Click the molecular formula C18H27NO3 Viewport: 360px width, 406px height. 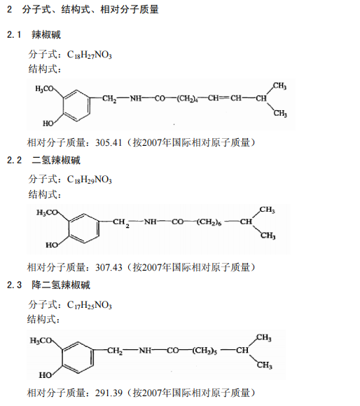coord(89,55)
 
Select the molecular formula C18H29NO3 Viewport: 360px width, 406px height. coord(89,180)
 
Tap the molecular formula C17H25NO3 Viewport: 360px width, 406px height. coord(89,305)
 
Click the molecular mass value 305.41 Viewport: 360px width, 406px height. coord(109,142)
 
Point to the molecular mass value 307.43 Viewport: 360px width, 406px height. coord(109,267)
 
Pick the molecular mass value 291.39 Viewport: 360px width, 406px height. coord(109,393)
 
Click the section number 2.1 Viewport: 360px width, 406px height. coord(14,34)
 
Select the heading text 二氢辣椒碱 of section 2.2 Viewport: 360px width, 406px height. coord(56,160)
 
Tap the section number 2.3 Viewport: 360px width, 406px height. coord(14,285)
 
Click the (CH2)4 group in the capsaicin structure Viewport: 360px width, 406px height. coord(188,99)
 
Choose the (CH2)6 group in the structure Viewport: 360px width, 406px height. coord(209,222)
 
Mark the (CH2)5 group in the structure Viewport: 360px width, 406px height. coord(205,351)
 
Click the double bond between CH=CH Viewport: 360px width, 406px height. coord(225,98)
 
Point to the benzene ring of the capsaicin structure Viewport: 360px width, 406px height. coord(76,105)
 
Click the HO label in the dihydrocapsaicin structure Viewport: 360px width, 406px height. coord(52,245)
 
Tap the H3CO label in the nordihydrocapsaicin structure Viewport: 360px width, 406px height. coord(41,341)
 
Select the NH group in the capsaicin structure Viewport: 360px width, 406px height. coord(136,98)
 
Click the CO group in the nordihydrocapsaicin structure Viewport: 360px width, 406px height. coord(172,351)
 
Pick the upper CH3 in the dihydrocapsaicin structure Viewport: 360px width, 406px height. coord(267,210)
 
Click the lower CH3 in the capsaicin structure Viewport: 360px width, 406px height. coord(280,113)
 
